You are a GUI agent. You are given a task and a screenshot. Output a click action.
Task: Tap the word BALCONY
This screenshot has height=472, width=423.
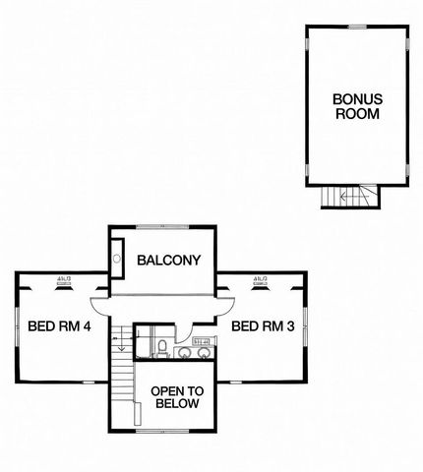(168, 261)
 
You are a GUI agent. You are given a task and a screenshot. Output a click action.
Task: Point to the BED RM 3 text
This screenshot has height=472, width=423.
(263, 326)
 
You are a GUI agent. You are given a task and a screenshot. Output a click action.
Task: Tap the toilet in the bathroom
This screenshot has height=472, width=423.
(162, 347)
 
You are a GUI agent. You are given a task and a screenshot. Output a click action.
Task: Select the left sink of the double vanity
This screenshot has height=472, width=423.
(183, 352)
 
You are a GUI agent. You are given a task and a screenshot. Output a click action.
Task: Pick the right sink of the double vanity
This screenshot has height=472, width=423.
(204, 352)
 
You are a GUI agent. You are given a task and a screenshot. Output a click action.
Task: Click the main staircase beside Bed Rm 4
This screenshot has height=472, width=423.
(121, 374)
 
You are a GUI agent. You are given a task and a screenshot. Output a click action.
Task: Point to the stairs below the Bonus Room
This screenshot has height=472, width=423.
(350, 198)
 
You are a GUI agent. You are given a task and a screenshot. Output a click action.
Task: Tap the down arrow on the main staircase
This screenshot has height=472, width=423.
(120, 343)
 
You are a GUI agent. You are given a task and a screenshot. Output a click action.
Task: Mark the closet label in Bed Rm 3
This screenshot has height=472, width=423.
(261, 280)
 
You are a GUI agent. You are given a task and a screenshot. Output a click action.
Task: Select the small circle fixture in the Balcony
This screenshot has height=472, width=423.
(118, 260)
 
